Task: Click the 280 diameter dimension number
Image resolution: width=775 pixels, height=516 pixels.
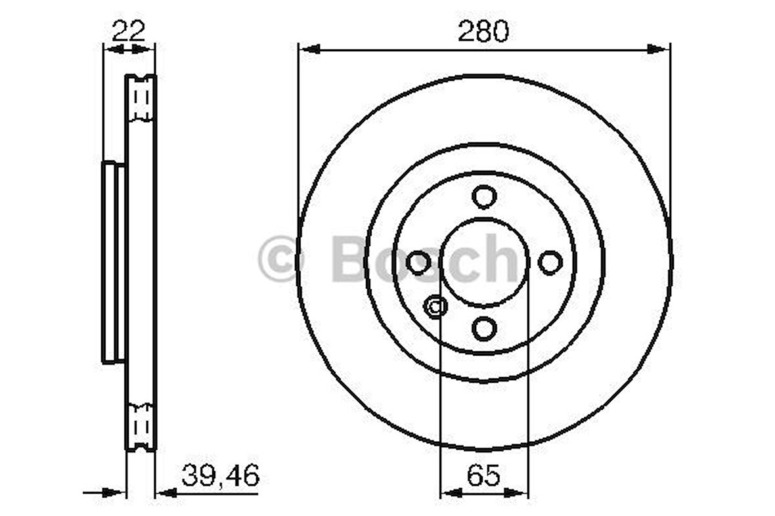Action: tap(483, 31)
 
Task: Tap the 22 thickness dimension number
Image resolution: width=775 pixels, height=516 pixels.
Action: tap(128, 31)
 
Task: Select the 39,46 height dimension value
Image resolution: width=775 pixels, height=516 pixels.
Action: tap(220, 475)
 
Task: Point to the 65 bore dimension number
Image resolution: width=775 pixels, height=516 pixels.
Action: tap(483, 475)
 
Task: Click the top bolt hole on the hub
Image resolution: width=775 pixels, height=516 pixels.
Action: tap(484, 196)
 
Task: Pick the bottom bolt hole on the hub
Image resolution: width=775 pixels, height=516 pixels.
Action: tap(484, 328)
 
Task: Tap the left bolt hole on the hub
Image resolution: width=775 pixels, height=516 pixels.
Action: tap(418, 262)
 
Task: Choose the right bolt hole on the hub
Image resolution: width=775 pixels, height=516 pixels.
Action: tap(550, 262)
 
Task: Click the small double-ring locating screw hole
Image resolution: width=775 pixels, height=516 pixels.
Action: tap(435, 307)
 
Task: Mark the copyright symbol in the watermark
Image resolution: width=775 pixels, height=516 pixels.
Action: tap(280, 259)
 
